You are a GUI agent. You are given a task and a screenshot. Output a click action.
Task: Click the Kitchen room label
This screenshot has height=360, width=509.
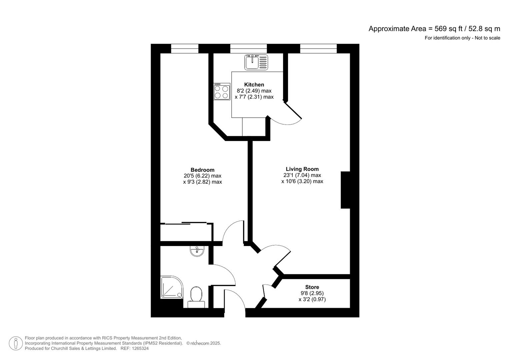pos(254,85)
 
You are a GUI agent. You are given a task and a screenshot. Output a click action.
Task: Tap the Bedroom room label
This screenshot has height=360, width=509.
pos(202,170)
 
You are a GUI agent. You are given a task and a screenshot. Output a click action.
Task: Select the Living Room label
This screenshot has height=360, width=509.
pos(302,169)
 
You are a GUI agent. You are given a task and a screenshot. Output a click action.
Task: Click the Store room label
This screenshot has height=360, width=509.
pos(312,287)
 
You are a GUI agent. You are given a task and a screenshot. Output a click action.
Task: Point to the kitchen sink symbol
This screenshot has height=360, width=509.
pos(256,62)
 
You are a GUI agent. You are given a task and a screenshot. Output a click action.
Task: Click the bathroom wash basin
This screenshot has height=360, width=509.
pos(197,251)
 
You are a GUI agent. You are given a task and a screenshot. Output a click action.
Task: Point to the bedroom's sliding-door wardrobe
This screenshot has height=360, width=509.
pos(186,232)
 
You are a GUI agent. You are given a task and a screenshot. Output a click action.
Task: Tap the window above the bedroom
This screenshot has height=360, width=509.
pos(185,49)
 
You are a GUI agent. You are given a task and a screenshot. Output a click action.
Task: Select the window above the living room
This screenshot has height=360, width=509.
pos(318,49)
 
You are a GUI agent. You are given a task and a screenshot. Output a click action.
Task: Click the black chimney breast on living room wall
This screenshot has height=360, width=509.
pos(345,190)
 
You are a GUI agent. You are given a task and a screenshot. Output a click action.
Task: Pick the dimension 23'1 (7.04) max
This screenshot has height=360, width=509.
pos(302,175)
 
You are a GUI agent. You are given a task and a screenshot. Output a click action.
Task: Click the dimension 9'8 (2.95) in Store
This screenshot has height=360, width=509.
pos(312,293)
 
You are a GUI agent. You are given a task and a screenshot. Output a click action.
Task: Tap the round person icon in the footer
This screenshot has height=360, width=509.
pos(16,343)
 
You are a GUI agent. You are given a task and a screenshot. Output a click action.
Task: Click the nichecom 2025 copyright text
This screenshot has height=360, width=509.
pos(204,343)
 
